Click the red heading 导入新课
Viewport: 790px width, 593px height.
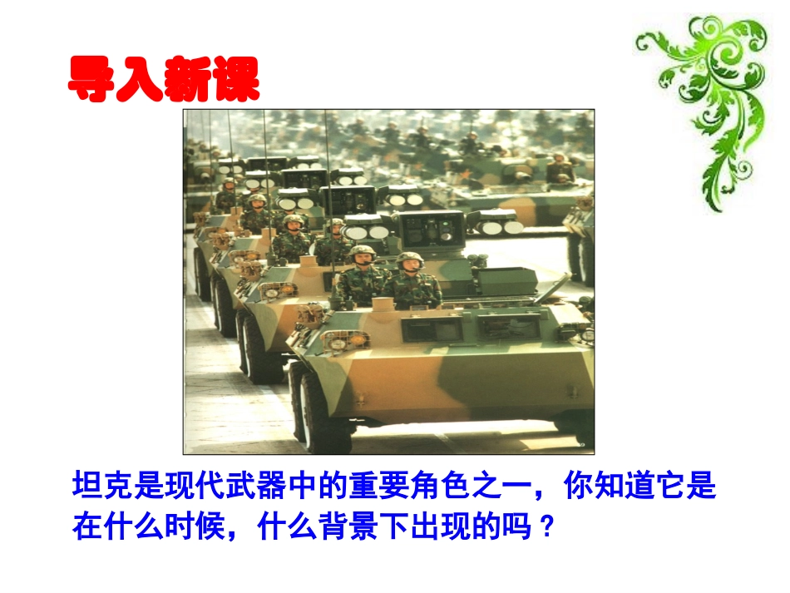click(163, 80)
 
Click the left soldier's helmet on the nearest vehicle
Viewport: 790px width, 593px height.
click(362, 253)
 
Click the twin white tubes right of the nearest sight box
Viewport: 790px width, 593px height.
click(496, 224)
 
